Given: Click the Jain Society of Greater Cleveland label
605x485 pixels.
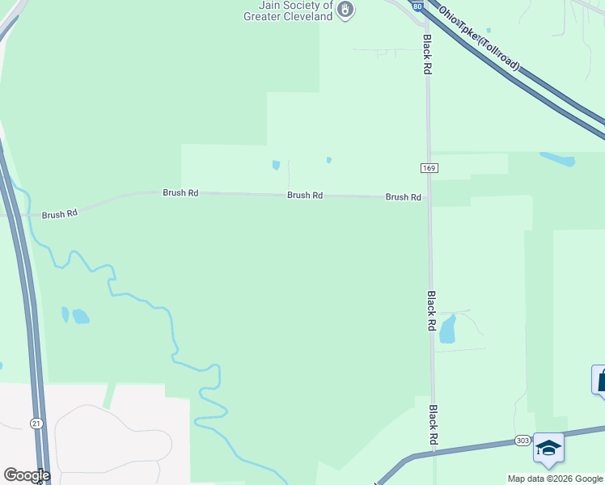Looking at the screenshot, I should click(290, 10).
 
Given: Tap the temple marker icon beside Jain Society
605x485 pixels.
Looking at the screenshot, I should click(345, 10).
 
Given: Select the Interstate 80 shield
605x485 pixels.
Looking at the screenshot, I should click(416, 5).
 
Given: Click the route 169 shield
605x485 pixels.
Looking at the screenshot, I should click(429, 167).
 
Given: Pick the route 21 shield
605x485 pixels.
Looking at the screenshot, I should click(36, 423).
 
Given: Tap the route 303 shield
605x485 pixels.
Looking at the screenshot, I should click(522, 441).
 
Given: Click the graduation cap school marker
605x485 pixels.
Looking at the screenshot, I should click(548, 447).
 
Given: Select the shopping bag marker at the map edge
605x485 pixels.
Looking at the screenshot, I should click(600, 380).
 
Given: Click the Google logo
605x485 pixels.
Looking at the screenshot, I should click(27, 475).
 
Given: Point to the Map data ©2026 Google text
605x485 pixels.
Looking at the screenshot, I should click(556, 479).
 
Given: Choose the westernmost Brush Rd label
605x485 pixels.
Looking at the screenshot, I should click(60, 214).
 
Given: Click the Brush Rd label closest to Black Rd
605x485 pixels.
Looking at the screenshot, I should click(403, 197).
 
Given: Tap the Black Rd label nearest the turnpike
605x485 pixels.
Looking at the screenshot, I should click(426, 55).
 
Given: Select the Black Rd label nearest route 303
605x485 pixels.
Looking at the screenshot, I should click(433, 424).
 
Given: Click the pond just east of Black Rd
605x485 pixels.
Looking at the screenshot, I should click(447, 328).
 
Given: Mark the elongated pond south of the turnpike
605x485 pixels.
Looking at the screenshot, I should click(557, 159).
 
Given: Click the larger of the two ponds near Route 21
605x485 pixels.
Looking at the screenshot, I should click(80, 316).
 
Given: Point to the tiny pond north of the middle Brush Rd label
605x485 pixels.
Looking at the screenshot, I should click(277, 166).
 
